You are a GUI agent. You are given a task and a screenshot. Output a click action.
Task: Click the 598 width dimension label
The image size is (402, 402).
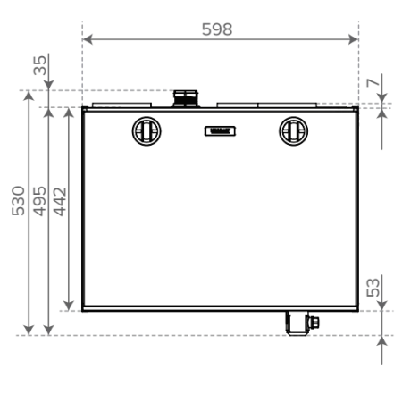217,29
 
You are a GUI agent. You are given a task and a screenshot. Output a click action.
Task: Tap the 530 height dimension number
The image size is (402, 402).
18,201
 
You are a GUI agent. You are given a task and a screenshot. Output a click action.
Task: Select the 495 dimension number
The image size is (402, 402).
39,201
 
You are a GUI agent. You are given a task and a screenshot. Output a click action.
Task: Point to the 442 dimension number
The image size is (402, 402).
60,202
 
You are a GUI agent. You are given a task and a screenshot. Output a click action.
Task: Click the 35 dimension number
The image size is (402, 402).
40,65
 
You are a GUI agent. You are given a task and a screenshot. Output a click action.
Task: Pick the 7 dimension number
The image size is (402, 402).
373,82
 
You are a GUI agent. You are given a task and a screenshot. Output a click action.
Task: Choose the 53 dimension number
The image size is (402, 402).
373,288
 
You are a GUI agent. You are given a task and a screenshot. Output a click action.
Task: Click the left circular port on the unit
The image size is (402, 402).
147,131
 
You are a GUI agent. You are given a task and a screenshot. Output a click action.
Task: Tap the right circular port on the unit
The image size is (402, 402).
293,131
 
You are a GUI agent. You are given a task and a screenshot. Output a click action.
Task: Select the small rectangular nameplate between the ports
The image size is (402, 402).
220,131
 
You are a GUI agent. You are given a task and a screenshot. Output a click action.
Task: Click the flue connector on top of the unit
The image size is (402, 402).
186,98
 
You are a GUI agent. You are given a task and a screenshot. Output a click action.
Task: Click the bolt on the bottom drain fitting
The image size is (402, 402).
314,322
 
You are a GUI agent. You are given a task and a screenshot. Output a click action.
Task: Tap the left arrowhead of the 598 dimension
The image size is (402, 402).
88,39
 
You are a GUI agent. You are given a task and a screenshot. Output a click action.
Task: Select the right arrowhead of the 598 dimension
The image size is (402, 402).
353,39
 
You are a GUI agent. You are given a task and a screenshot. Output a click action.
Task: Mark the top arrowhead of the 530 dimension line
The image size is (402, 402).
29,96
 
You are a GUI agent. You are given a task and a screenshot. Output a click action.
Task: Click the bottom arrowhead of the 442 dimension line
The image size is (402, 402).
69,306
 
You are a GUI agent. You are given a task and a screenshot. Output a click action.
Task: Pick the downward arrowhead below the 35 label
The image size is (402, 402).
48,85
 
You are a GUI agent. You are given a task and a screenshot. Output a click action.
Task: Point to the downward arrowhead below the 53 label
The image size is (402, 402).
382,306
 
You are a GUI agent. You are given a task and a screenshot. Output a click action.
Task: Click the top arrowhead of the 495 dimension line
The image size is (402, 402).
48,113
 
